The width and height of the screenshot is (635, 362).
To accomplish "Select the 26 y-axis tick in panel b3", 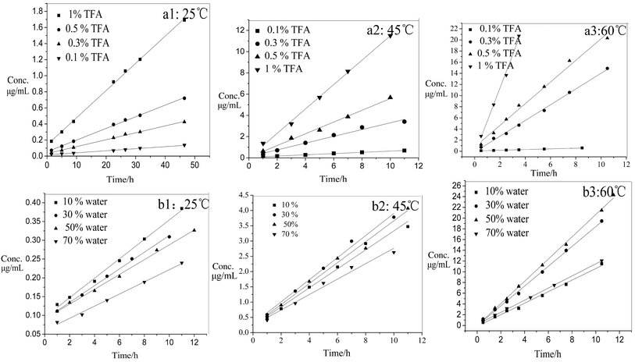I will pos(461,186).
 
